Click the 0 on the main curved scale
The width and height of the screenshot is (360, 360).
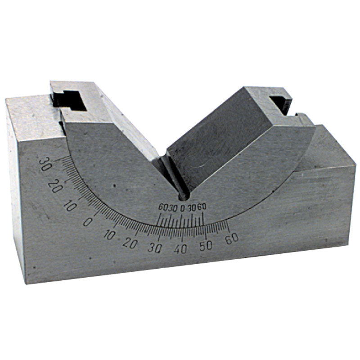pos(88,221)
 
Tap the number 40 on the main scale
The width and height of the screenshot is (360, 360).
pos(180,249)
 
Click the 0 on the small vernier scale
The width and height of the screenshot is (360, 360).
pos(182,208)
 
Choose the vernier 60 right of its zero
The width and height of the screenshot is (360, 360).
pos(202,207)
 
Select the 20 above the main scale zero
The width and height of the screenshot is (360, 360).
pos(56,185)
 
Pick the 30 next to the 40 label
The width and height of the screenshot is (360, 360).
pos(156,248)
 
